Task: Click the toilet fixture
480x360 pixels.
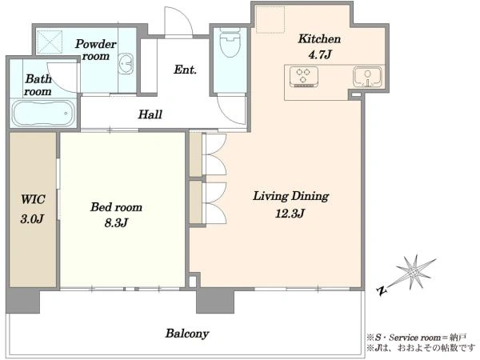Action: point(230,42)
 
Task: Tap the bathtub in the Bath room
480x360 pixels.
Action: point(43,114)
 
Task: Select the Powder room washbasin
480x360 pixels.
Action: point(126,64)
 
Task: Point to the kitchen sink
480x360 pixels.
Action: point(367,77)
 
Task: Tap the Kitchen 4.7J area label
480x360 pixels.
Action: point(319,47)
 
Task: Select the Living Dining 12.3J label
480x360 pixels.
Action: point(290,204)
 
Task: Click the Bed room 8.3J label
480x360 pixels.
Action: point(116,214)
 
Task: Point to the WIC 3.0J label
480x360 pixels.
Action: point(33,209)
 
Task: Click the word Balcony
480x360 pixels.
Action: point(187,334)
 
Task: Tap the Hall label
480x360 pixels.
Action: point(150,114)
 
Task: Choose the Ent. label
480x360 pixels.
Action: point(185,70)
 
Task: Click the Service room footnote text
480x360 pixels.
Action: point(416,338)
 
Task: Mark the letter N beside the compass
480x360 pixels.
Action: point(382,291)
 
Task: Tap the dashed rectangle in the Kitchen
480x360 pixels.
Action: point(270,19)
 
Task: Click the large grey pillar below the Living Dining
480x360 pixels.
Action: point(215,300)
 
